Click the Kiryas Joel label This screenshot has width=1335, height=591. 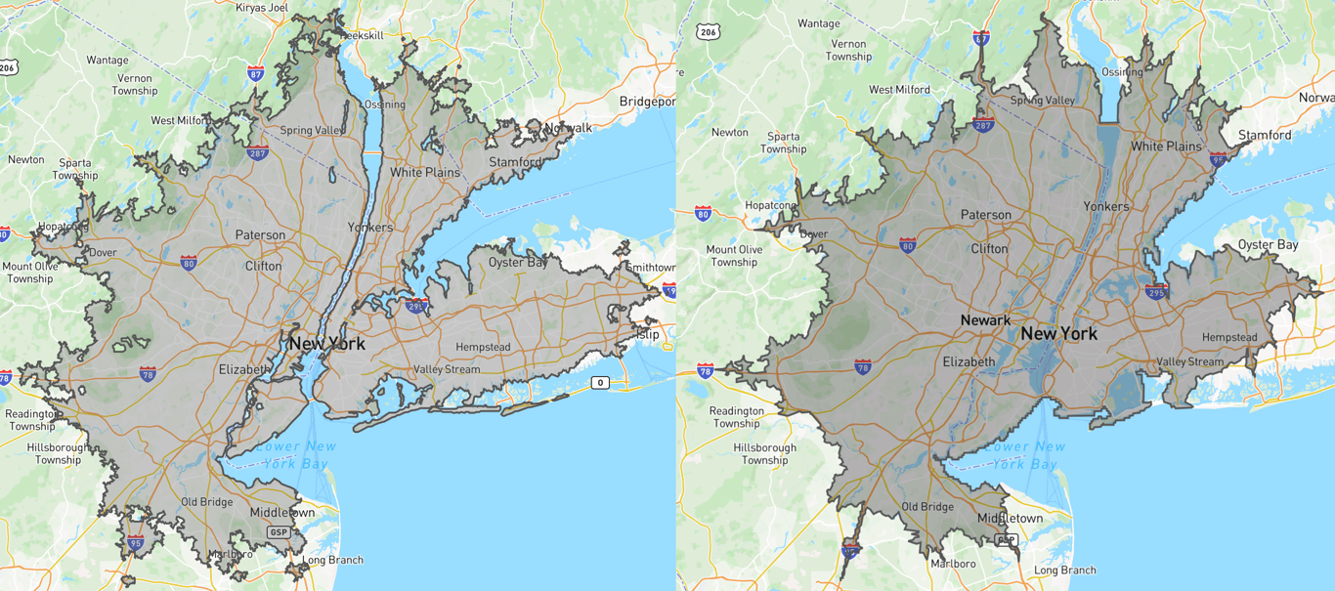click(263, 7)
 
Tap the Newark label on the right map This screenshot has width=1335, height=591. click(985, 320)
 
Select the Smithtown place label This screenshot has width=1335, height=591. click(650, 267)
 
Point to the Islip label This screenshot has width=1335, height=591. click(646, 334)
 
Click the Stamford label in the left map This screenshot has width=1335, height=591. click(516, 162)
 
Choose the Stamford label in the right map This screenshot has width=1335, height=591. click(1264, 135)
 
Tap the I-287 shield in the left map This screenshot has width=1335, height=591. click(257, 152)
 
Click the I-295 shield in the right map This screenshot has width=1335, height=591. click(1156, 291)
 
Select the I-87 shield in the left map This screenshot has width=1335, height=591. click(256, 73)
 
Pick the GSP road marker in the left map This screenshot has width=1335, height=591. click(279, 532)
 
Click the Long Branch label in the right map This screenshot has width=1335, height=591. click(1064, 570)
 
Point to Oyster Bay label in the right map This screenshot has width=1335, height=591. click(1268, 244)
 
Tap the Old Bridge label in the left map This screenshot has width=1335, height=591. click(206, 502)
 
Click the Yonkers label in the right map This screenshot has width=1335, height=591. click(1105, 206)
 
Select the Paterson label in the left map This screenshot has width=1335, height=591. click(260, 235)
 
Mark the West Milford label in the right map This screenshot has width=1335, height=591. click(899, 90)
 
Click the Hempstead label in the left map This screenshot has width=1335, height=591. click(483, 347)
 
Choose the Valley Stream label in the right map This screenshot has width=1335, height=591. click(1189, 361)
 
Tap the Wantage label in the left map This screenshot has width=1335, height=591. click(107, 60)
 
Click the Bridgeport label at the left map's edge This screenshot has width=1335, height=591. click(647, 102)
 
